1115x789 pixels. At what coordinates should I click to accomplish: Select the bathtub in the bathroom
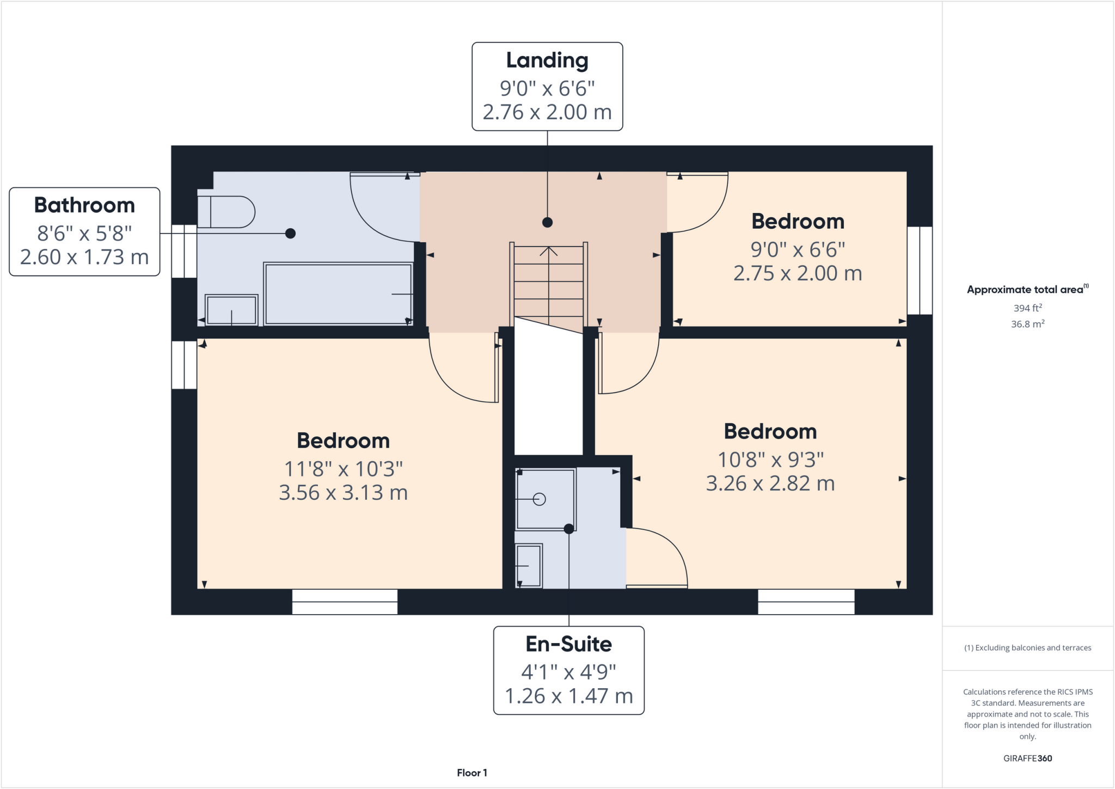tap(338, 294)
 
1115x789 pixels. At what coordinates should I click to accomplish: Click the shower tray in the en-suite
tap(546, 499)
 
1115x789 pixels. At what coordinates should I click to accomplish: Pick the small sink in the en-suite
tap(529, 566)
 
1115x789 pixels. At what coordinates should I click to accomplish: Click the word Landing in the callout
tap(547, 60)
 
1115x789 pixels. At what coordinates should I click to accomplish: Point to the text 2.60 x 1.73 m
tap(84, 257)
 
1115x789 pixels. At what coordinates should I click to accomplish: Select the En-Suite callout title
tap(568, 644)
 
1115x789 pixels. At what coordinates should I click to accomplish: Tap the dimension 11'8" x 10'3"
tap(344, 468)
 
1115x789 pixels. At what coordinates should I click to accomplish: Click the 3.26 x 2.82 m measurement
tap(770, 484)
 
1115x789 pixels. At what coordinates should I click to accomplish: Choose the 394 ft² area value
tap(1027, 308)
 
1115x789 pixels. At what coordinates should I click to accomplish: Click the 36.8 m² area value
tap(1027, 324)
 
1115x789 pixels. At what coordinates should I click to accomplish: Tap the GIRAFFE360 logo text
tap(1027, 758)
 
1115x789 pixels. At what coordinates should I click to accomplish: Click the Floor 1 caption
tap(472, 773)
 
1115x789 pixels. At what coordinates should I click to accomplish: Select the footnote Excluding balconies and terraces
tap(1027, 648)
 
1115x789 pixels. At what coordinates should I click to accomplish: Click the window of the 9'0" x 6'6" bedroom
tap(920, 271)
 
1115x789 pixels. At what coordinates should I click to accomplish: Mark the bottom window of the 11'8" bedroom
tap(345, 602)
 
